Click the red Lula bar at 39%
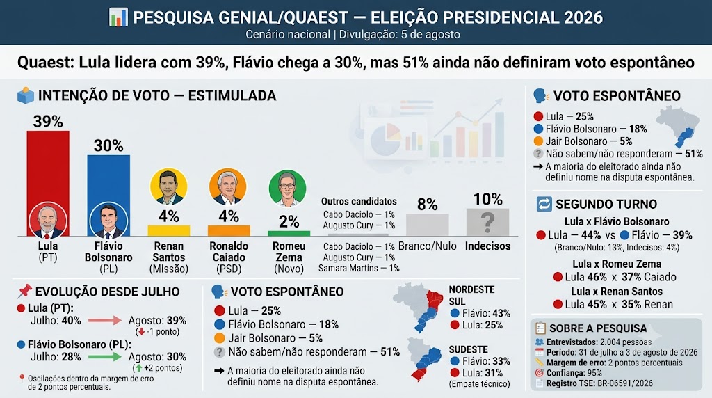pyautogui.click(x=48, y=184)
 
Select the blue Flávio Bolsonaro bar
pyautogui.click(x=108, y=196)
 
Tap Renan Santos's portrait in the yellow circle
pyautogui.click(x=168, y=186)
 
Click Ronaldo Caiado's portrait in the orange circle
pyautogui.click(x=228, y=186)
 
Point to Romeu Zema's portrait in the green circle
pyautogui.click(x=287, y=189)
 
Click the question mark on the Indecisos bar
pyautogui.click(x=487, y=222)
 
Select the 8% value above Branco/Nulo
pyautogui.click(x=428, y=205)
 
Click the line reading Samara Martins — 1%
pyautogui.click(x=359, y=269)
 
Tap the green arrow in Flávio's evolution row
pyautogui.click(x=105, y=357)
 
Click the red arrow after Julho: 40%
pyautogui.click(x=105, y=320)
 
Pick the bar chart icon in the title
pyautogui.click(x=118, y=17)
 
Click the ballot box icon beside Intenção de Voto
pyautogui.click(x=26, y=95)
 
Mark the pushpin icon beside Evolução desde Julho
pyautogui.click(x=24, y=292)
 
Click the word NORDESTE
pyautogui.click(x=472, y=290)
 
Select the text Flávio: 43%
pyautogui.click(x=486, y=314)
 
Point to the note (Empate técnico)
pyautogui.click(x=480, y=384)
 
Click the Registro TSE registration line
pyautogui.click(x=599, y=383)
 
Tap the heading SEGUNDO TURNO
pyautogui.click(x=606, y=204)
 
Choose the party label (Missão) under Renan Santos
pyautogui.click(x=169, y=269)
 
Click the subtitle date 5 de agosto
pyautogui.click(x=430, y=35)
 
